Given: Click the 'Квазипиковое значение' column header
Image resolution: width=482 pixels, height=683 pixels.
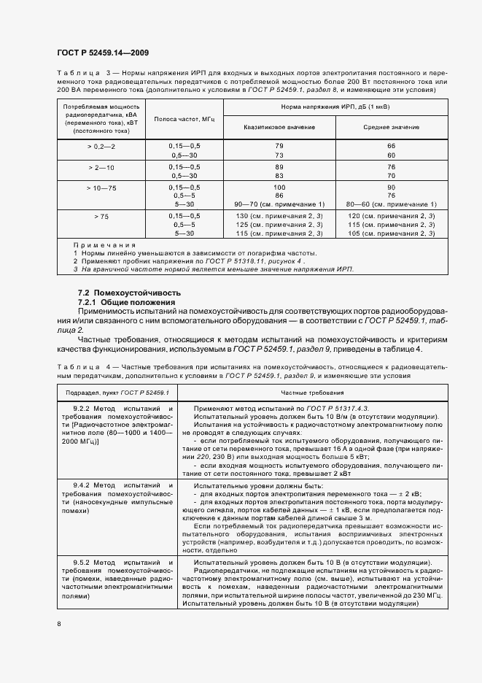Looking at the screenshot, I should click(279, 127).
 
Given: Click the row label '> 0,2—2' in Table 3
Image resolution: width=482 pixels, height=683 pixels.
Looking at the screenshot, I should click(101, 147).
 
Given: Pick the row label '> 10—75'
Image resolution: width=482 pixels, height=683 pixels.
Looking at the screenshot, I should click(101, 188).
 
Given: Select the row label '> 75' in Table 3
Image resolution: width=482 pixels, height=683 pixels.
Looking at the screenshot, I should click(101, 216).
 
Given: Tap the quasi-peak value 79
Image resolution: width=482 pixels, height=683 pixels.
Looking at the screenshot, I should click(279, 147).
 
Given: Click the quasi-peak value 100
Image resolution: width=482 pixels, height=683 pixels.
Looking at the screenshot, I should click(279, 188).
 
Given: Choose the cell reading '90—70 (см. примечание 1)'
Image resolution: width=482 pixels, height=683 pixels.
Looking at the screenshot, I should click(279, 204).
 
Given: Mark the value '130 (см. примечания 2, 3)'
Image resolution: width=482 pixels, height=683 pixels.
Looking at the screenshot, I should click(279, 216).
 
